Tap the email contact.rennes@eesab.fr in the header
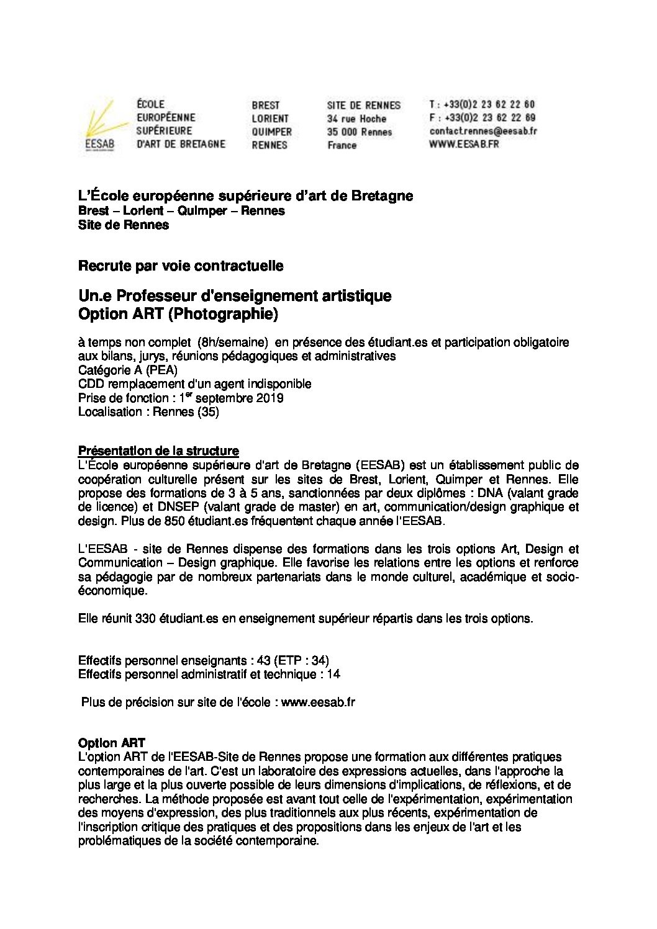(483, 132)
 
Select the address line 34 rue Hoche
(356, 119)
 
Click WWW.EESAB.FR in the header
(463, 145)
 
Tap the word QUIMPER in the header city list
(271, 132)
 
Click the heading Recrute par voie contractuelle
(181, 266)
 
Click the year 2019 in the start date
(270, 398)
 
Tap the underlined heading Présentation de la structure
(158, 451)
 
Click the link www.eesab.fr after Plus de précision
(318, 702)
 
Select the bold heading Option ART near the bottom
(112, 743)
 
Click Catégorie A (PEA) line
(128, 370)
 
